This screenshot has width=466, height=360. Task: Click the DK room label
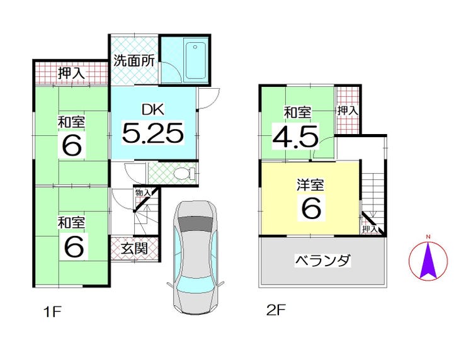coord(152,109)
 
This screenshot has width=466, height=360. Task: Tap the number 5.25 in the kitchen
coord(152,133)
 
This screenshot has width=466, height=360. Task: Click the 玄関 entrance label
coord(135,248)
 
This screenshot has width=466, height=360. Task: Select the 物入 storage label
coord(142,193)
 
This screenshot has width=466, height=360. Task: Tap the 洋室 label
coord(310,186)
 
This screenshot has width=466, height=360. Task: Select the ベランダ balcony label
coord(322,260)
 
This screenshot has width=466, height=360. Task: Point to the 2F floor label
coord(275,310)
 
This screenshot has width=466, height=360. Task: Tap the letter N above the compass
coord(428,237)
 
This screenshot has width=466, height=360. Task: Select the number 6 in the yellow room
coord(310,209)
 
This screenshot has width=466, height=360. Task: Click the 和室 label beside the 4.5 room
coord(297,113)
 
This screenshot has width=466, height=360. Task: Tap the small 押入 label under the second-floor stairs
coord(370,229)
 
